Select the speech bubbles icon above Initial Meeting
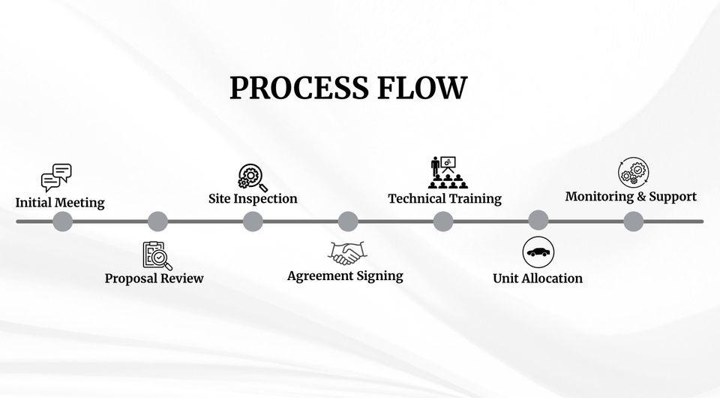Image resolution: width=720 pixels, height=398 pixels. pyautogui.click(x=56, y=178)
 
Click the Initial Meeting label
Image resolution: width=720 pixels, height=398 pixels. pyautogui.click(x=60, y=203)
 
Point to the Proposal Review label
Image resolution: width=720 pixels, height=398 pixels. pyautogui.click(x=154, y=279)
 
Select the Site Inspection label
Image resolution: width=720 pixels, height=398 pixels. pyautogui.click(x=253, y=199)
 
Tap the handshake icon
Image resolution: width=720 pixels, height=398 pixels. pyautogui.click(x=346, y=252)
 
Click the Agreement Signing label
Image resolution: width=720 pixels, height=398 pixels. pyautogui.click(x=345, y=276)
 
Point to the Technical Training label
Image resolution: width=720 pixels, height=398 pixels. pyautogui.click(x=445, y=199)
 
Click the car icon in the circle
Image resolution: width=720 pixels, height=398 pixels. pyautogui.click(x=538, y=252)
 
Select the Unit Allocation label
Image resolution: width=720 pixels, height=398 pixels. pyautogui.click(x=538, y=279)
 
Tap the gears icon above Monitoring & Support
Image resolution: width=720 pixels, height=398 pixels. pyautogui.click(x=633, y=172)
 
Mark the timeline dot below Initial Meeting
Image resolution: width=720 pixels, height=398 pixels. pyautogui.click(x=63, y=222)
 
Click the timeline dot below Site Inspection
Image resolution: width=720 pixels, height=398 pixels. pyautogui.click(x=253, y=222)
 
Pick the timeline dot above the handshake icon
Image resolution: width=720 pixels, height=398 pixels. pyautogui.click(x=348, y=222)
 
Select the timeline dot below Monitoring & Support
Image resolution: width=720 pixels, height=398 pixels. pyautogui.click(x=634, y=222)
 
